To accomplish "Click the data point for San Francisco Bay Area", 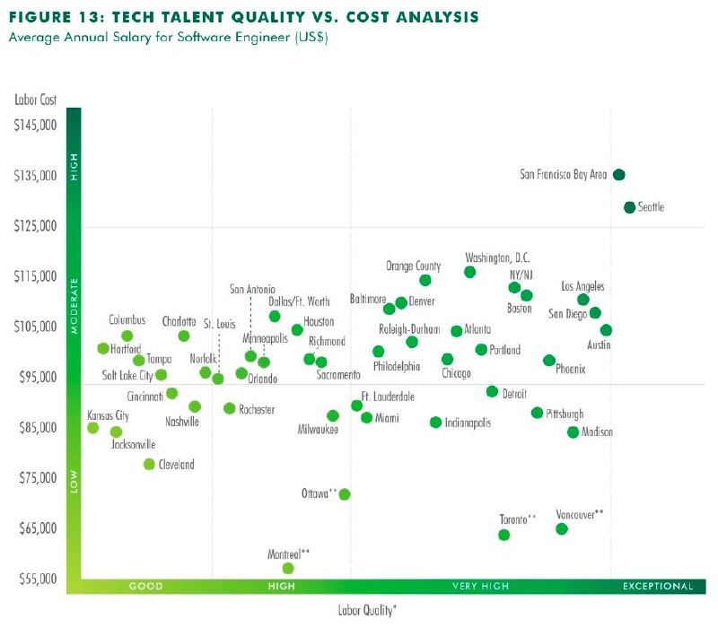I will coord(618,175).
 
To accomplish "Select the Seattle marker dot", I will coord(629,207).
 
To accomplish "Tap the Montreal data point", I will coord(288,568).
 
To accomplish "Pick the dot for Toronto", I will coord(503,535).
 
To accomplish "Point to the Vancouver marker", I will coord(562,528).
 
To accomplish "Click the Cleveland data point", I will coord(149,464).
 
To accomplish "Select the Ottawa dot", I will coord(345,494).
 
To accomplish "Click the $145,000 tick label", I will coord(36,124).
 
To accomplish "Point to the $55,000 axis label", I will coord(36,578).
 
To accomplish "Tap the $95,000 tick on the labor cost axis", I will coord(36,377).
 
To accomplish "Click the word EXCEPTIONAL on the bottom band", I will coord(658,587).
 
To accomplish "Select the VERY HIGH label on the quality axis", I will coord(480,587).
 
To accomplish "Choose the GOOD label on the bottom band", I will coord(146,587).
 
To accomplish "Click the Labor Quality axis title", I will coord(367,610).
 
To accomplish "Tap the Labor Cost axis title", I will coord(33,99).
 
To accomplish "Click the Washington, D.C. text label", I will coord(497,257).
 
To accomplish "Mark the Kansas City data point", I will coord(92,428).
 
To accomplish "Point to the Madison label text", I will coord(597,432).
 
